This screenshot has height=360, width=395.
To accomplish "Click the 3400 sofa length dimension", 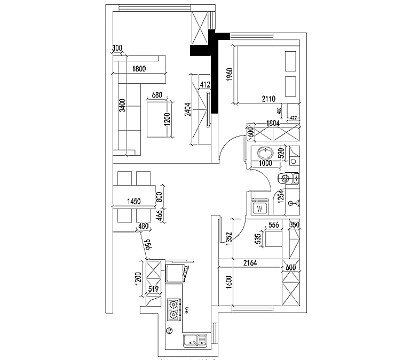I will point(122,106).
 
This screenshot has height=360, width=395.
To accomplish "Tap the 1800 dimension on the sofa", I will point(139,68).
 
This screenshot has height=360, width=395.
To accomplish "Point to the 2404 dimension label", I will point(187,109).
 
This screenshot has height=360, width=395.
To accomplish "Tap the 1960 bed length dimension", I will point(229,74).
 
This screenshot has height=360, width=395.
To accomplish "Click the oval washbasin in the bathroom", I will point(264,152).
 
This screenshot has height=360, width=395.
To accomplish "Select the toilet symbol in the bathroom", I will point(287,178).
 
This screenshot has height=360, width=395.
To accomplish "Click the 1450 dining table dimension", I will point(133,201).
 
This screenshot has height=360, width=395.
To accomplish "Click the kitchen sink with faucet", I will point(194,339).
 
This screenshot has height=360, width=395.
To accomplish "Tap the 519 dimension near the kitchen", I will point(154,290).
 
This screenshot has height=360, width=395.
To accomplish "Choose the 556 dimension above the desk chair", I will point(274,225).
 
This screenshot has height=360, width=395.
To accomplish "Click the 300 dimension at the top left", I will point(117,49).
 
